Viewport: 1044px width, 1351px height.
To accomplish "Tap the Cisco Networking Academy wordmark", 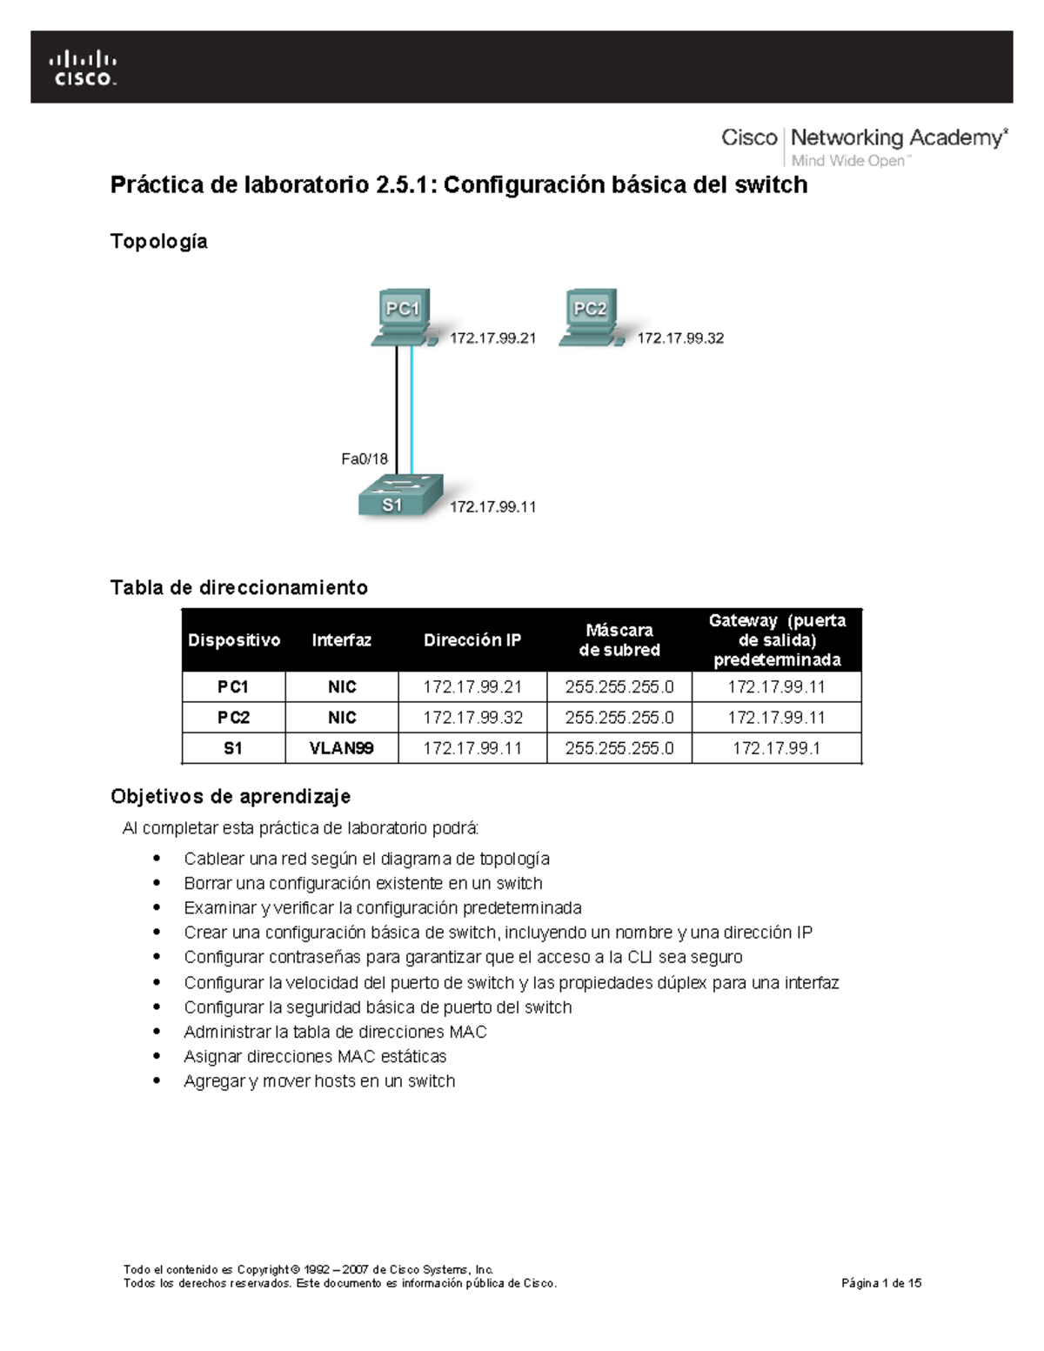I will [x=864, y=145].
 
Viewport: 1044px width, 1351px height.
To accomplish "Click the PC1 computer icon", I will [x=403, y=318].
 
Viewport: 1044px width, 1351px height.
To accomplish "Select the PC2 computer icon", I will [x=590, y=318].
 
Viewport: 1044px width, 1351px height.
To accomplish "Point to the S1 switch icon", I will [x=400, y=496].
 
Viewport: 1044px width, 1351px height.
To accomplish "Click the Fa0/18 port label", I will [x=364, y=459].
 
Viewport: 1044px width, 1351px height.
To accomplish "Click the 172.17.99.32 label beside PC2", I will [x=680, y=338].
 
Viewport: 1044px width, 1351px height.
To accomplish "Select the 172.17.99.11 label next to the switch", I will [x=492, y=506].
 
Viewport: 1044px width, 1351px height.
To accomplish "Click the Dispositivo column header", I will [x=233, y=640].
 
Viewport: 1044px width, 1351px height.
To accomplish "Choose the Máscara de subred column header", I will [x=619, y=640].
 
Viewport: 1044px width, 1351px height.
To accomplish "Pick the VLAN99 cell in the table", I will [x=342, y=748].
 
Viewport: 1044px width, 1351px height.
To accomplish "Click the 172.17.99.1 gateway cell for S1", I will [x=776, y=748].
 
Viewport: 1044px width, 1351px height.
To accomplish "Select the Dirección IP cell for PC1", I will [x=472, y=687].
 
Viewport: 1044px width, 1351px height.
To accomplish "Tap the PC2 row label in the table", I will [x=233, y=718].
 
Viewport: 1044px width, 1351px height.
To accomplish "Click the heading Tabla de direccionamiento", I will [x=238, y=587].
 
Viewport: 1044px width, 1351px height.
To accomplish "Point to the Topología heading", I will [x=158, y=241].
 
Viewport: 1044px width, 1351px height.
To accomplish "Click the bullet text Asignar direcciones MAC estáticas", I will [x=315, y=1056].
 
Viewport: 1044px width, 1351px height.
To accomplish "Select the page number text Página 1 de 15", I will [x=880, y=1283].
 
